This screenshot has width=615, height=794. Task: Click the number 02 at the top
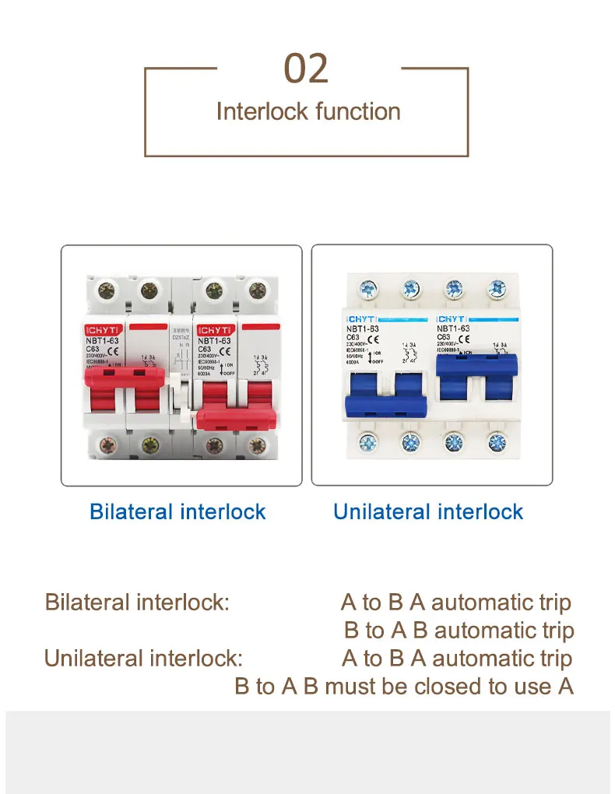coord(307,69)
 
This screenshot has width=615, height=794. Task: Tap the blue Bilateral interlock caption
coord(177,511)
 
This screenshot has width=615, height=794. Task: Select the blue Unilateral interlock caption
coord(428,511)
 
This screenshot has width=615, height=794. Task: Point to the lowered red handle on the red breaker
coord(237,418)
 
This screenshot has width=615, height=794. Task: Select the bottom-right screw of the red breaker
coord(254,448)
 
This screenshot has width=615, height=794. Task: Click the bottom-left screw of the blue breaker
coord(368,444)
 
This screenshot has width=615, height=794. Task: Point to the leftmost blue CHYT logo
coord(362,319)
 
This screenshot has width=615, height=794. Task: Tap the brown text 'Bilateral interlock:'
coord(137,603)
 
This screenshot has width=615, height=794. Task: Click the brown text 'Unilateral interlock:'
coord(143,659)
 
